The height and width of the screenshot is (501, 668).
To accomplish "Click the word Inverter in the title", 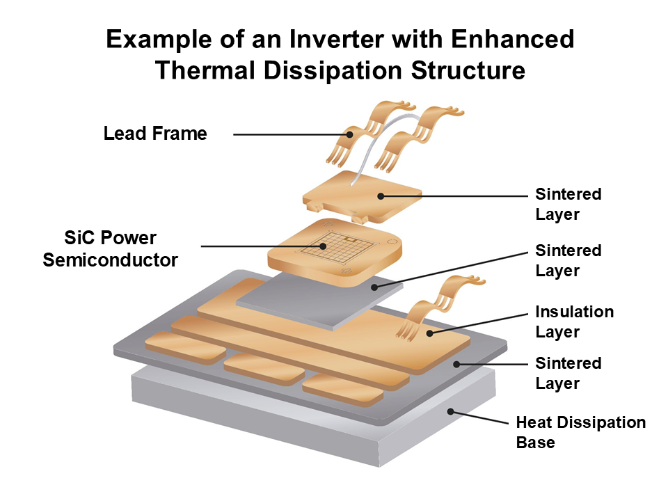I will tap(326, 40).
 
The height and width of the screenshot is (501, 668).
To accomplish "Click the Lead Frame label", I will tap(155, 134).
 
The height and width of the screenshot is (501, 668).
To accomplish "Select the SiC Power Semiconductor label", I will tap(110, 248).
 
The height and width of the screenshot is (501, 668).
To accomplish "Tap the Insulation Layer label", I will tap(574, 321).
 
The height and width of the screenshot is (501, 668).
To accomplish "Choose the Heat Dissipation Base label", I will tap(580, 432).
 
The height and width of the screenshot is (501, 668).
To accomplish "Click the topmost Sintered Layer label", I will tap(568, 204).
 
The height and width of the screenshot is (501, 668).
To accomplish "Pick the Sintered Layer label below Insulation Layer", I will tap(568, 373).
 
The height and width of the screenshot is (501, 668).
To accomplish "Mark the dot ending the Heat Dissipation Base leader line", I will tap(450, 411).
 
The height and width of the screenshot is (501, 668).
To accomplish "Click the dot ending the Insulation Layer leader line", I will tap(430, 334).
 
